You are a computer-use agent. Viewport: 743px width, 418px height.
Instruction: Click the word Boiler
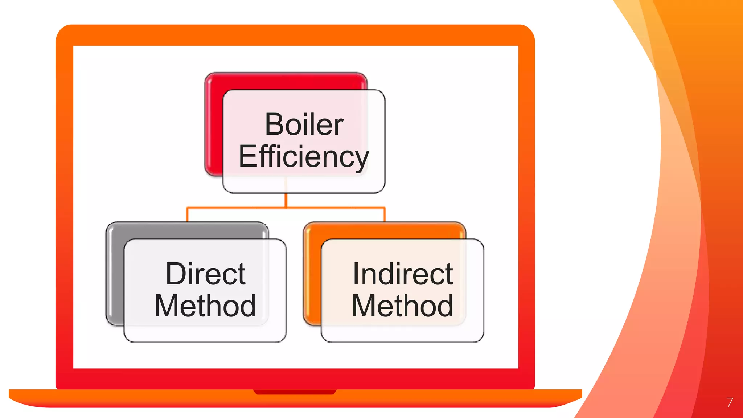(x=304, y=124)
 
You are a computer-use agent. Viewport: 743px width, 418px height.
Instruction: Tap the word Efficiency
(x=304, y=156)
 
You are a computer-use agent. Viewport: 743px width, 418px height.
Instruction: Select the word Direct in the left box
(x=205, y=274)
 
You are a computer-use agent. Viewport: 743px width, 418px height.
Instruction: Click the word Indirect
(x=403, y=274)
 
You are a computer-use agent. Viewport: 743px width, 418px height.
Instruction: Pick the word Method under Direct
(x=205, y=306)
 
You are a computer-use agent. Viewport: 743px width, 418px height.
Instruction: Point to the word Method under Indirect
(x=402, y=306)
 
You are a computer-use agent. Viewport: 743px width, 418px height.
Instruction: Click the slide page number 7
(x=730, y=402)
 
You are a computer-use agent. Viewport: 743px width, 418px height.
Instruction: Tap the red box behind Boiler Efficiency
(x=213, y=123)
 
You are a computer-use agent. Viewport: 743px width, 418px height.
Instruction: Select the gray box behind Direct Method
(x=115, y=272)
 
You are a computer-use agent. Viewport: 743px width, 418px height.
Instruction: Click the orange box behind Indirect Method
(x=312, y=272)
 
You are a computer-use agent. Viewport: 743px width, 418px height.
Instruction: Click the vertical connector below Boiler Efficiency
(x=286, y=200)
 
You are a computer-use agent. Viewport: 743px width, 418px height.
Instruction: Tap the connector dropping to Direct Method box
(x=187, y=215)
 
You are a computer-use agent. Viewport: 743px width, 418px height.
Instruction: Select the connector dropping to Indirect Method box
(x=385, y=215)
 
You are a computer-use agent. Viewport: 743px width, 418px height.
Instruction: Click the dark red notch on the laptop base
(x=295, y=392)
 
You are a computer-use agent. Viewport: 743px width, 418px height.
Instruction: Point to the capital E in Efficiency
(x=246, y=156)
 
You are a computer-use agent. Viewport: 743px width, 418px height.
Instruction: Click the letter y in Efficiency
(x=361, y=160)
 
